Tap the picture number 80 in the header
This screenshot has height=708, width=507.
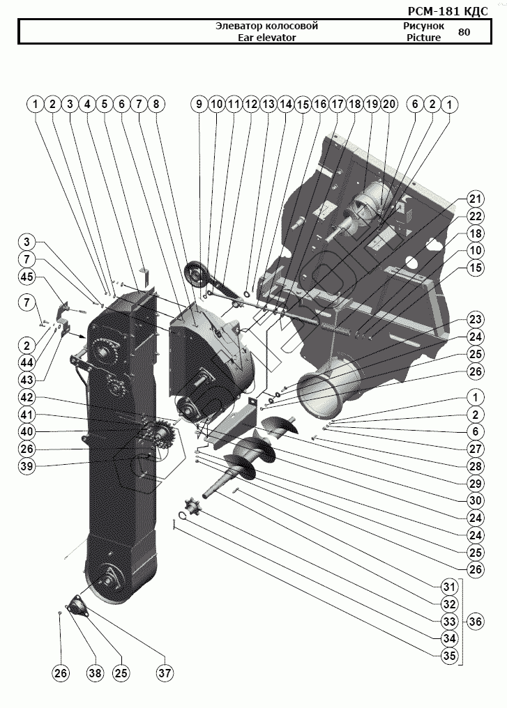(464, 32)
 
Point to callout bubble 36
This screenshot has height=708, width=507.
(474, 620)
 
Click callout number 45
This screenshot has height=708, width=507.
(27, 277)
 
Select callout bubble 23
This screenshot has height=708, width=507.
(474, 320)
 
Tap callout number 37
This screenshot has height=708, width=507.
(165, 673)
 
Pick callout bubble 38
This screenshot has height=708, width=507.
(94, 673)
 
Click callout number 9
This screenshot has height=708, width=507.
(199, 104)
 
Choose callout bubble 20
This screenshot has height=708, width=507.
(388, 104)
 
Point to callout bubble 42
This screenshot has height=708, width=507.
(27, 398)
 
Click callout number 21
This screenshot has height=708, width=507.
(474, 197)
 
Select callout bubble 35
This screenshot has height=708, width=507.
(450, 656)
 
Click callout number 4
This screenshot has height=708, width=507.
(87, 104)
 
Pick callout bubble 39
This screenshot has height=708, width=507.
(27, 465)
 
